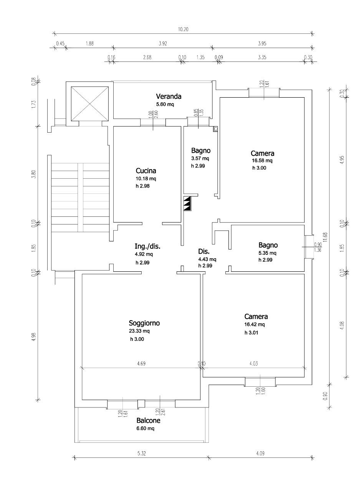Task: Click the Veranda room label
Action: [x=168, y=96]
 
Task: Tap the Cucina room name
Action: [x=146, y=171]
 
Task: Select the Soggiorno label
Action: [x=144, y=323]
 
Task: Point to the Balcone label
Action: [x=149, y=421]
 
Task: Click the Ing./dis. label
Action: [x=147, y=246]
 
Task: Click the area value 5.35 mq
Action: [x=268, y=253]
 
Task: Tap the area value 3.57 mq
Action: [x=200, y=158]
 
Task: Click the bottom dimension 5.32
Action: [x=142, y=454]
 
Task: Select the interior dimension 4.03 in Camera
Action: [x=254, y=364]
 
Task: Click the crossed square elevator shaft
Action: [x=90, y=103]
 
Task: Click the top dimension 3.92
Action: [x=162, y=43]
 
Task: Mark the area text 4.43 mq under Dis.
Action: [x=207, y=259]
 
